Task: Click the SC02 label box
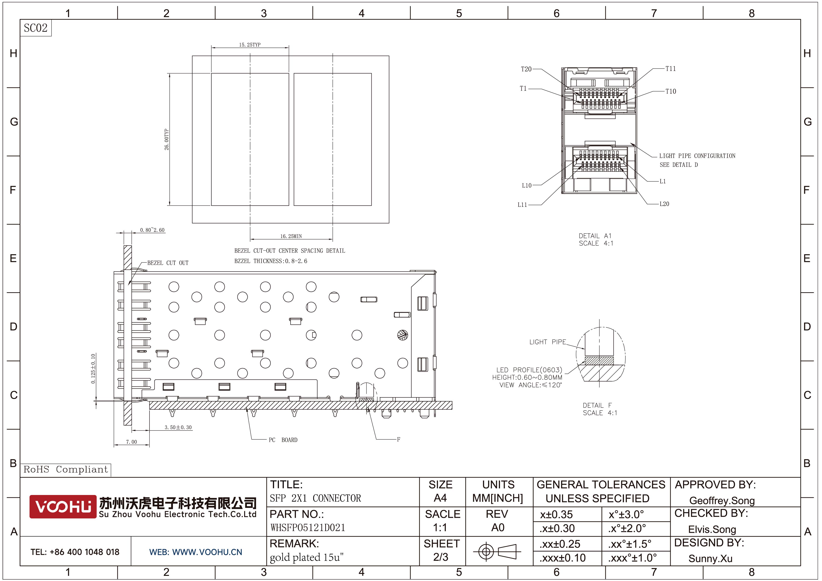(35, 28)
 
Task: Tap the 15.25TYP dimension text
(250, 45)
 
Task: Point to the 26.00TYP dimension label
(166, 139)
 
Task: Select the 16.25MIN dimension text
(291, 236)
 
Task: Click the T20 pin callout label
(526, 69)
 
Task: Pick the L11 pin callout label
(522, 205)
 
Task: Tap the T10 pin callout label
(671, 91)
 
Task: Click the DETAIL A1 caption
(595, 236)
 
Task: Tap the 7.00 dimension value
(131, 442)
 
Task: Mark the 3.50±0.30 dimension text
(178, 427)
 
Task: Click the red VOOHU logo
(63, 506)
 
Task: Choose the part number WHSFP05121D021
(308, 528)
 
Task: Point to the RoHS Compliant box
(66, 470)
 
